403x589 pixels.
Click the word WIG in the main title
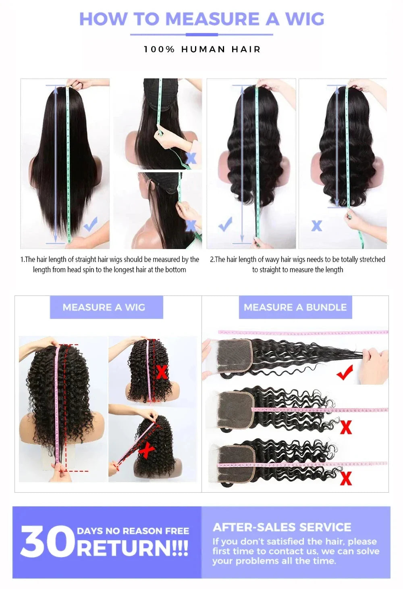305,19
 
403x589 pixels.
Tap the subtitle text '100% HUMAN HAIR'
202,49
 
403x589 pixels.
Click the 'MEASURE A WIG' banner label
104,307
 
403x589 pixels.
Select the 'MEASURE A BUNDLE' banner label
295,307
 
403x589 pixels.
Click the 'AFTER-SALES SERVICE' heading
282,527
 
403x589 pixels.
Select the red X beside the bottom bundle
346,479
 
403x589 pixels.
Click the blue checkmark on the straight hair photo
91,224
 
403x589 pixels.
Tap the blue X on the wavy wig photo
317,226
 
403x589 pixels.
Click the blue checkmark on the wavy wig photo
225,224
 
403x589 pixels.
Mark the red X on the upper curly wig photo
162,372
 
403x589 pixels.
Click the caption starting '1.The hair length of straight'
110,264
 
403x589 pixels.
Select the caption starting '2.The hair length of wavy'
297,264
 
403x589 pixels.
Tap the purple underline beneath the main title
201,35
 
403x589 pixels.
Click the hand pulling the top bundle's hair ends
374,365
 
